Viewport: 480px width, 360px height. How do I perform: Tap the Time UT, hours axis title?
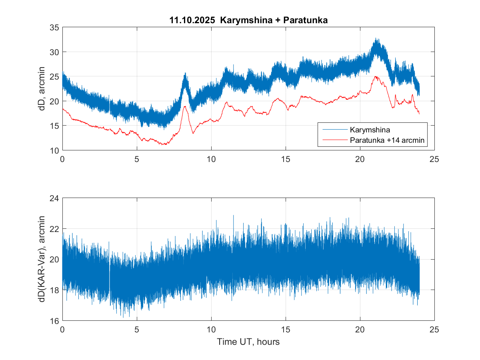pos(248,342)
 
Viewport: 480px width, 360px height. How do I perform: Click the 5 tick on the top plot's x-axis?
pos(137,158)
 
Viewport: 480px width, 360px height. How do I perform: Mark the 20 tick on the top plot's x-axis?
pos(360,158)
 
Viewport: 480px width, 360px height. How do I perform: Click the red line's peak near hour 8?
pos(185,106)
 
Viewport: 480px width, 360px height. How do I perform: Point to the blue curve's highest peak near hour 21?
pos(376,39)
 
